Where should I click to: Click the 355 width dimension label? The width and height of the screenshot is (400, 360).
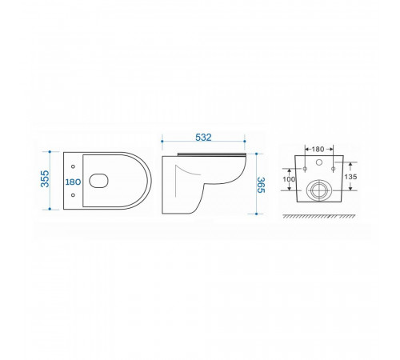tap(45, 178)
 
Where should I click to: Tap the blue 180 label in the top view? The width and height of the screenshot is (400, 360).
tap(73, 182)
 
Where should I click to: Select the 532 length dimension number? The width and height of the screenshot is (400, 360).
tap(203, 138)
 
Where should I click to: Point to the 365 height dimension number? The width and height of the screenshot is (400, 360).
tap(261, 185)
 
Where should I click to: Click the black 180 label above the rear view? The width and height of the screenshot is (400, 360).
tap(318, 150)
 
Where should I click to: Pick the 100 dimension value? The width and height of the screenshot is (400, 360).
tap(289, 179)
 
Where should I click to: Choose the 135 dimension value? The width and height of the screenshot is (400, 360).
tap(350, 177)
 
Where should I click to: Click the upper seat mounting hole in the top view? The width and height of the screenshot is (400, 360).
tap(73, 166)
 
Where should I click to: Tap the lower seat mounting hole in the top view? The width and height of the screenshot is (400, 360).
tap(73, 195)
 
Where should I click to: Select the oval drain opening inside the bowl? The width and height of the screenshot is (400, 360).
tap(98, 181)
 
